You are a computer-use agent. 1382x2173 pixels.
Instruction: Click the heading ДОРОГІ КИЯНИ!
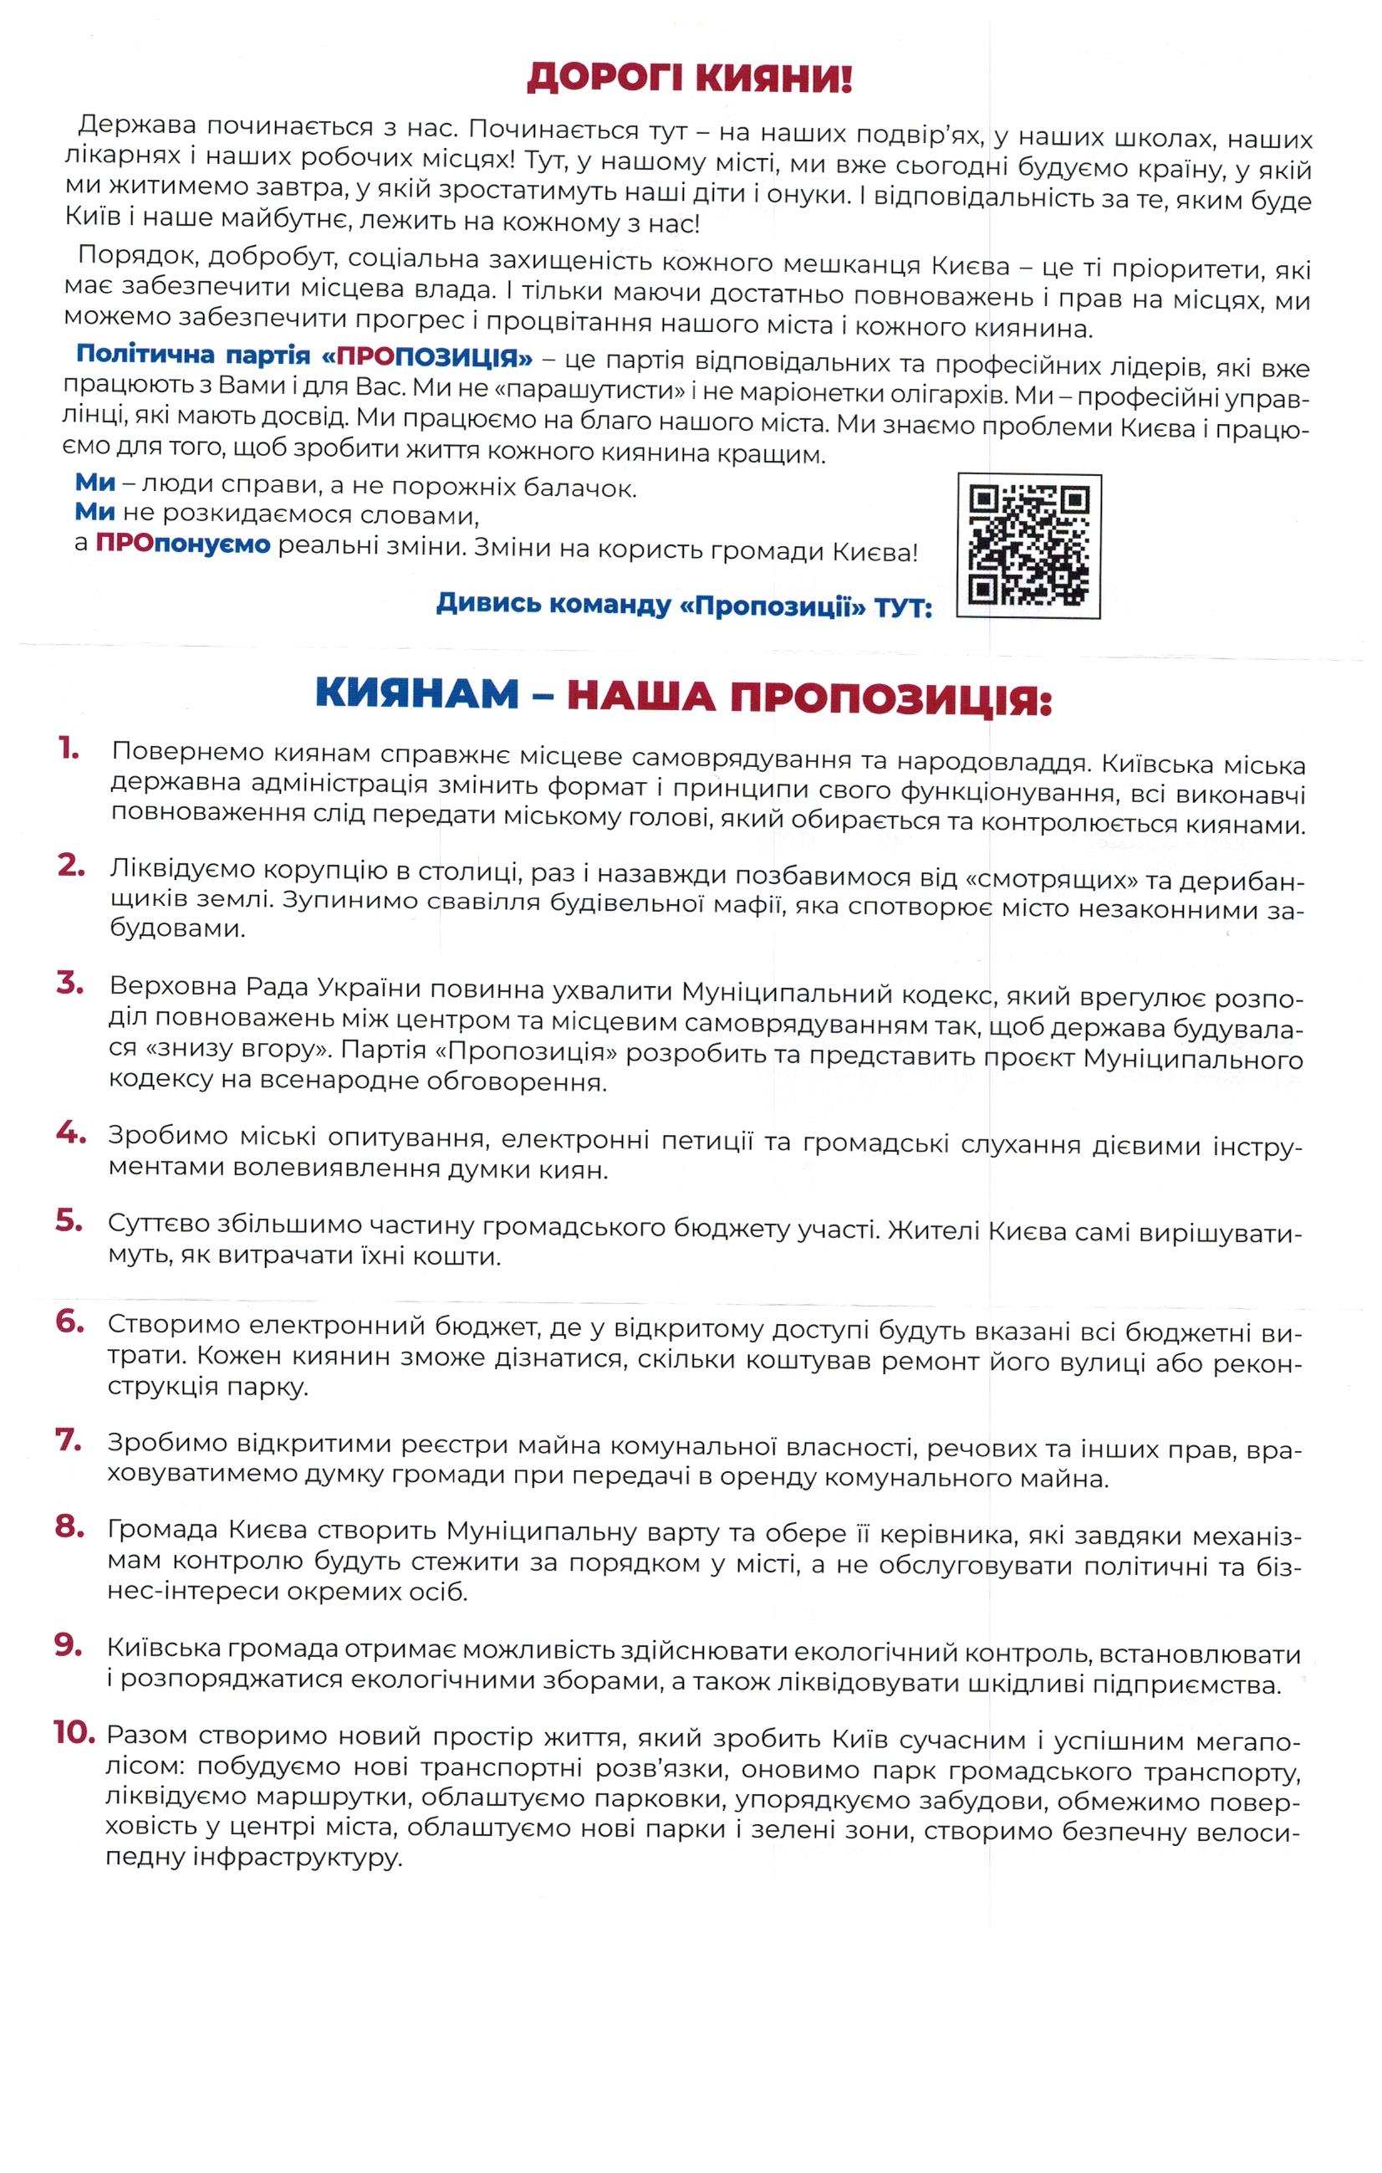[689, 79]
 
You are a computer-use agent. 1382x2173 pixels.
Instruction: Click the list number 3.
[70, 984]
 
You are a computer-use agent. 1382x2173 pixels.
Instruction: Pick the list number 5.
[69, 1221]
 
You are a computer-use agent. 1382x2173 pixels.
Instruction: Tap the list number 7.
[69, 1440]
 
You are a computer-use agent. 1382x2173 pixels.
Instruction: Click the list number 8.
[69, 1528]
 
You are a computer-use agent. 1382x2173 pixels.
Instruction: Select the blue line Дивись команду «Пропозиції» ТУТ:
[683, 605]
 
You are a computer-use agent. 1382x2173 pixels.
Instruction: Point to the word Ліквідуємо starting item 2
[182, 867]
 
